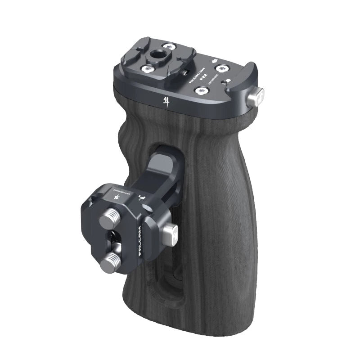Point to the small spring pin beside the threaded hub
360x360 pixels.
pos(183,72)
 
